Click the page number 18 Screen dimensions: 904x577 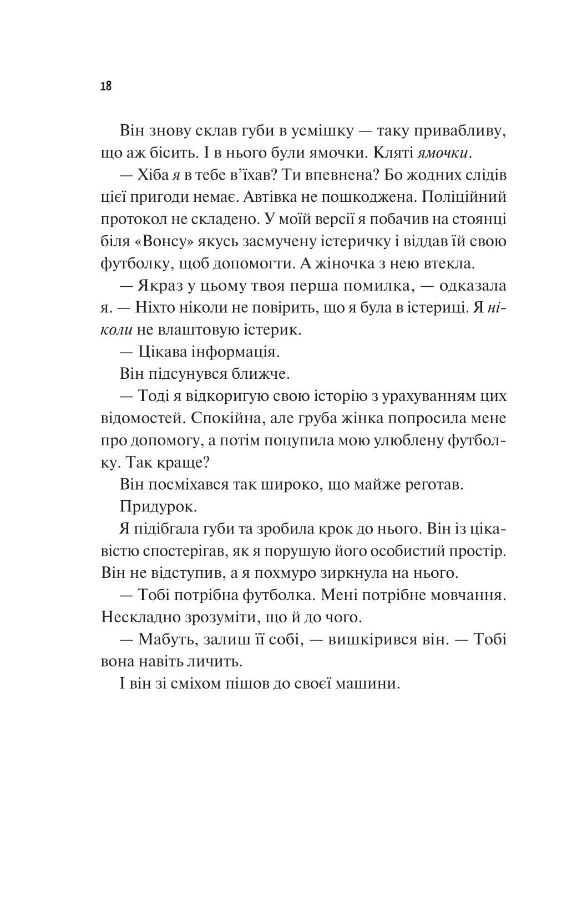[106, 87]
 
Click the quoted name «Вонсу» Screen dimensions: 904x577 [164, 242]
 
